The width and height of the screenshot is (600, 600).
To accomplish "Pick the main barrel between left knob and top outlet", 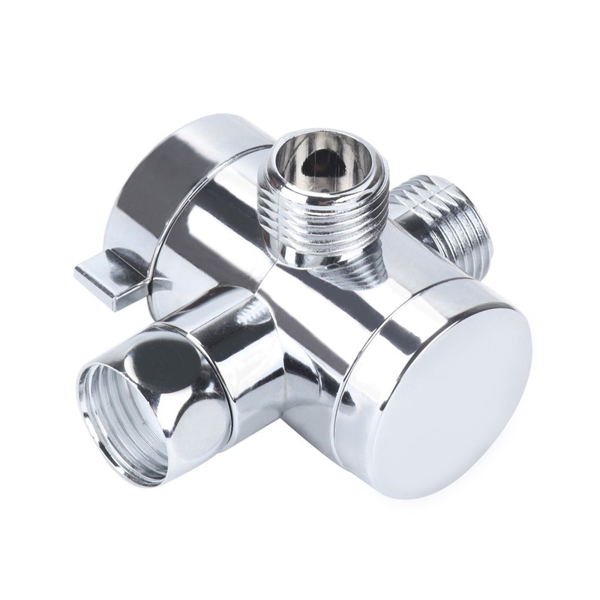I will [225, 217].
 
